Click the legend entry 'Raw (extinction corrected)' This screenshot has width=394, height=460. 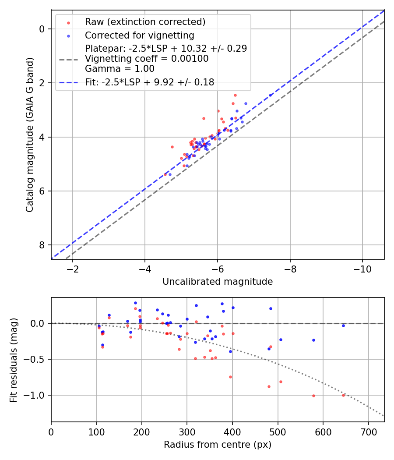pyautogui.click(x=145, y=22)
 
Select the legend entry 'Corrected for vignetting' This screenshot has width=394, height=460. pyautogui.click(x=139, y=35)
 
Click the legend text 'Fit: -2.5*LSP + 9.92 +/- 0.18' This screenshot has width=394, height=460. pyautogui.click(x=149, y=82)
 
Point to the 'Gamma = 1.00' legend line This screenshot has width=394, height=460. pyautogui.click(x=120, y=68)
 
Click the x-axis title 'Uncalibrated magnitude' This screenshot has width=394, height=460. pyautogui.click(x=218, y=282)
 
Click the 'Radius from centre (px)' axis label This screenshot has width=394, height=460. pyautogui.click(x=218, y=445)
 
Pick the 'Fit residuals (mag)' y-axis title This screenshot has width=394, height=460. pyautogui.click(x=14, y=359)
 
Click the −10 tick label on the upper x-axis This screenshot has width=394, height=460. pyautogui.click(x=362, y=268)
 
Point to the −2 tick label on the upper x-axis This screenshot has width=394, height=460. pyautogui.click(x=73, y=268)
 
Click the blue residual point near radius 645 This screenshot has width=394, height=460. pyautogui.click(x=343, y=326)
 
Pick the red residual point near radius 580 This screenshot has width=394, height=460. pyautogui.click(x=313, y=396)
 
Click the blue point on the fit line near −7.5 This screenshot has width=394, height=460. pyautogui.click(x=270, y=95)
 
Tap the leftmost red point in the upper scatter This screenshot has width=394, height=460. pyautogui.click(x=165, y=174)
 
